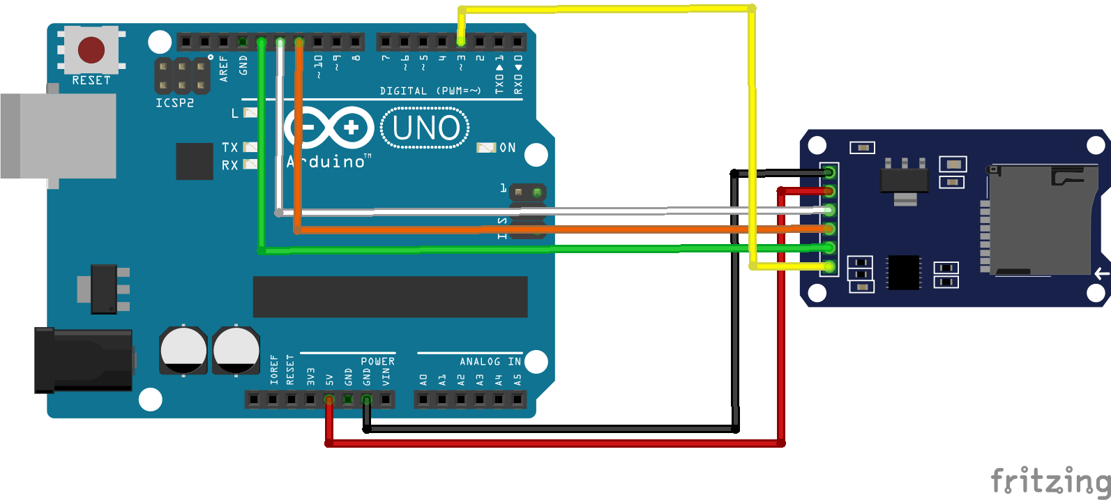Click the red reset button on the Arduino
(91, 50)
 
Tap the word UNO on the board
(426, 128)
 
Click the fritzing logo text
(1050, 480)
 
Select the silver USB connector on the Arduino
(59, 136)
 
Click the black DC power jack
(84, 360)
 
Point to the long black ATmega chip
(390, 296)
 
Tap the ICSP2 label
(174, 103)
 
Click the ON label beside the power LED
(508, 148)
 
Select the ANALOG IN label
(490, 361)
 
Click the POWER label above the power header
(377, 361)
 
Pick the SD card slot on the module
(1039, 220)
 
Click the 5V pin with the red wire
(329, 400)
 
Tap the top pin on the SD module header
(829, 172)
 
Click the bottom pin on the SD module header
(829, 266)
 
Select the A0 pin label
(423, 380)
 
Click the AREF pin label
(224, 68)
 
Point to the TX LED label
(229, 147)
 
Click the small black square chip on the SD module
(903, 272)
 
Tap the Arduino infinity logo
(328, 128)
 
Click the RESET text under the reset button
(91, 81)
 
